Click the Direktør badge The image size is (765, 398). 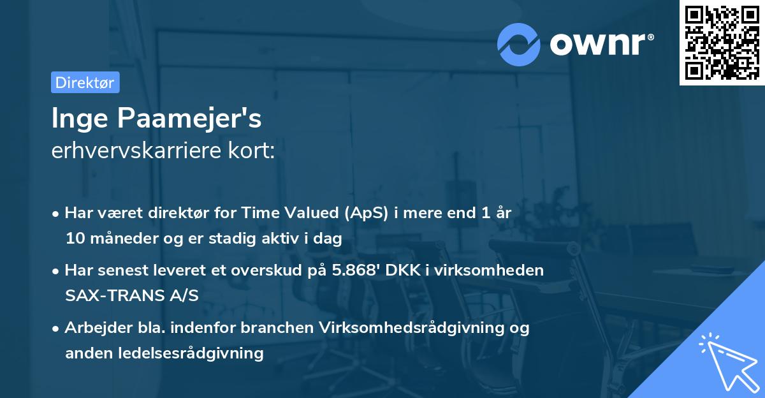[x=85, y=82]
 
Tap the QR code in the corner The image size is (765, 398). [x=722, y=43]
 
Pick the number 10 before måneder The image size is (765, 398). [x=74, y=239]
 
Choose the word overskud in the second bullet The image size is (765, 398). [x=263, y=270]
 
